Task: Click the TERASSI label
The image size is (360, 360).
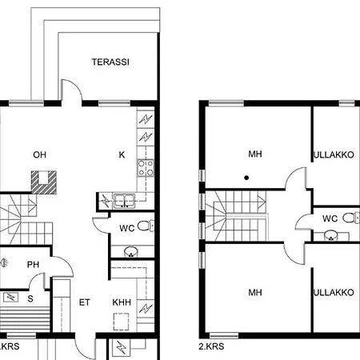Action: click(x=110, y=62)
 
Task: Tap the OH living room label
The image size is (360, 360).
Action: click(x=39, y=154)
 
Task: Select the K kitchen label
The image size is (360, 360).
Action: click(x=122, y=154)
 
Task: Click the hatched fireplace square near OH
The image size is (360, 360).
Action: click(x=46, y=181)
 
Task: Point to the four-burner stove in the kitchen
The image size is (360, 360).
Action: click(x=146, y=167)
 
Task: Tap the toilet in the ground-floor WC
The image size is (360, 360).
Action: click(x=142, y=227)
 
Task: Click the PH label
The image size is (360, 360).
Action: click(x=33, y=266)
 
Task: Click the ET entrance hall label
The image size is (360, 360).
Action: click(x=85, y=302)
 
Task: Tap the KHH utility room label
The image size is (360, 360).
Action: click(x=122, y=302)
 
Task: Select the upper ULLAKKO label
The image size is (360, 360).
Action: click(x=334, y=154)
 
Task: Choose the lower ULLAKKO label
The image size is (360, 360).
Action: click(x=334, y=293)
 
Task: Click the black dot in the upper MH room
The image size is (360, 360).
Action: click(x=246, y=178)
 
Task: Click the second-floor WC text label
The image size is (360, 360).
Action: click(x=330, y=218)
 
